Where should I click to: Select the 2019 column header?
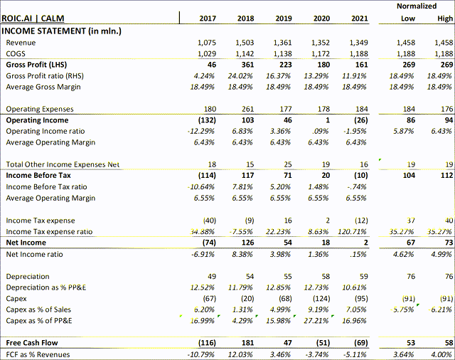pos(283,18)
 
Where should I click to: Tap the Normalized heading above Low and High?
pos(417,6)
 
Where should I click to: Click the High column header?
pos(444,18)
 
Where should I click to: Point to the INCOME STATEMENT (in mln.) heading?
pos(61,31)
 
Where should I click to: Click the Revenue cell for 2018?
pos(244,43)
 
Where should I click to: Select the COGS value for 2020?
pos(321,53)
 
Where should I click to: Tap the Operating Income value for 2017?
pos(205,120)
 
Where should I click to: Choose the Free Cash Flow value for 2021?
pos(360,342)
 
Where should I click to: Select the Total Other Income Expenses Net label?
pos(63,164)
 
